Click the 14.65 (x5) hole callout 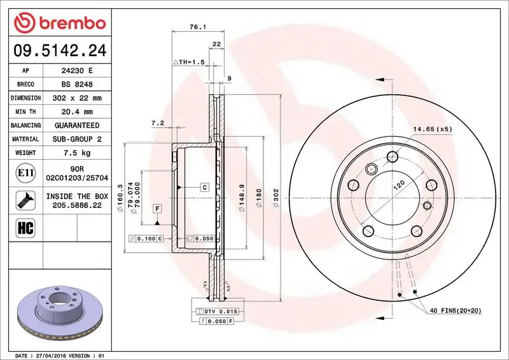click(432, 130)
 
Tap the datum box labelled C click(205, 187)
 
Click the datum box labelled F click(156, 209)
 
